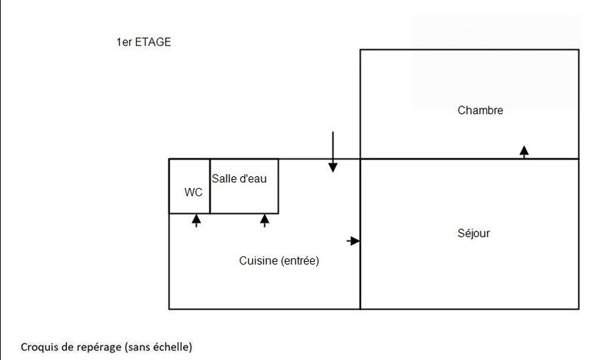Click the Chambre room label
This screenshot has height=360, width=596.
click(x=480, y=111)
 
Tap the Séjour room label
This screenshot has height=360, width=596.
click(x=474, y=233)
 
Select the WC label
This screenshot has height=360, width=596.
click(x=193, y=192)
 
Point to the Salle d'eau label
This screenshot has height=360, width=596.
click(x=239, y=179)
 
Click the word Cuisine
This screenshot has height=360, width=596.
click(x=258, y=260)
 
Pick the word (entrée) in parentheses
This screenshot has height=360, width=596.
click(x=300, y=260)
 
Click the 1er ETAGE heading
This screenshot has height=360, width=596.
click(x=144, y=42)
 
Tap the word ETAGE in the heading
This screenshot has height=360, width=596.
click(x=153, y=42)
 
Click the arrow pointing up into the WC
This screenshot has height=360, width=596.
click(x=196, y=220)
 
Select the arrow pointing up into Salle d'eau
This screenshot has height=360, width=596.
click(x=265, y=220)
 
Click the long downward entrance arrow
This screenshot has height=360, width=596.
click(x=333, y=152)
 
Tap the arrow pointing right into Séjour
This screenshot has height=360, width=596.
click(x=353, y=240)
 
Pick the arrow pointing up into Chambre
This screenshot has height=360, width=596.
click(x=524, y=152)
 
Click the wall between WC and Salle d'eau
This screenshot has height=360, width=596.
click(x=210, y=187)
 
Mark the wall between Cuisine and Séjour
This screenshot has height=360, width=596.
click(x=360, y=234)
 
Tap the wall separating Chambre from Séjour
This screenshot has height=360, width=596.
click(x=470, y=159)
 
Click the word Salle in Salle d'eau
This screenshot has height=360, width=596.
click(x=223, y=179)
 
